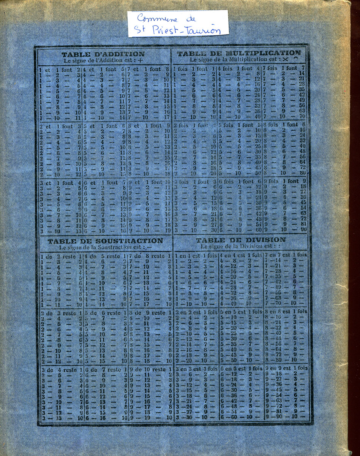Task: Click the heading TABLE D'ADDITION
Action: click(x=103, y=54)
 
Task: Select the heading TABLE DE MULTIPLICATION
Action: click(x=239, y=53)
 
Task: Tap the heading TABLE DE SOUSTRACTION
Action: click(x=105, y=241)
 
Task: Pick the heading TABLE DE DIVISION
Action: click(x=240, y=240)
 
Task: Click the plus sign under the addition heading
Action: click(x=141, y=60)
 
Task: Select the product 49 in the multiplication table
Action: click(x=302, y=100)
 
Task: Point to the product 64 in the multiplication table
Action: click(x=302, y=161)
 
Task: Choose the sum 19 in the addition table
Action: click(x=167, y=230)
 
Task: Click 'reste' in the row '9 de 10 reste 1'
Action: click(x=159, y=369)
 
